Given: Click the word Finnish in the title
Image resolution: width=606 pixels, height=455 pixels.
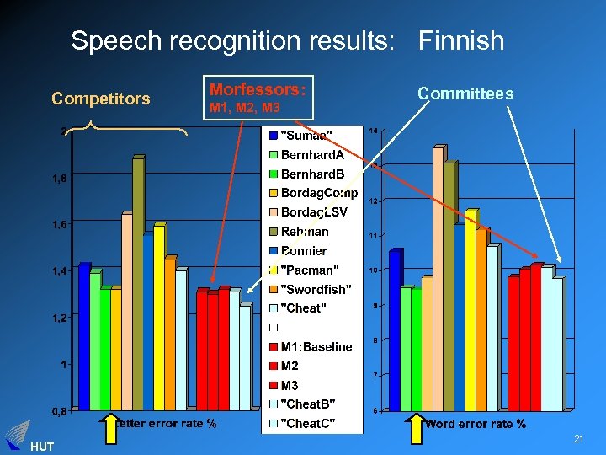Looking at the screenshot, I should pos(461,40).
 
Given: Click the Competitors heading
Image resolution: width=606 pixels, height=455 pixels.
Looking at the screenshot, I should pos(100,99).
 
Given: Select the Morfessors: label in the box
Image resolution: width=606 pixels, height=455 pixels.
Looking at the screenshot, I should pos(257,89).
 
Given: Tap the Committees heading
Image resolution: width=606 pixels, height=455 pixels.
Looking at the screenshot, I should pos(465,94).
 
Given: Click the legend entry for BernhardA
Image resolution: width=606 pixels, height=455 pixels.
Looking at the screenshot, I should pos(311,155).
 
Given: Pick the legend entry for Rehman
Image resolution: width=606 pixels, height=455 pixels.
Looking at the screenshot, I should pos(305,232).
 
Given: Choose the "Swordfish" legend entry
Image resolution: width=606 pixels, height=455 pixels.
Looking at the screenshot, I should pos(315,289).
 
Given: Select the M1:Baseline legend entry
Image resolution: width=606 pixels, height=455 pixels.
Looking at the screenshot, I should pos(316,346).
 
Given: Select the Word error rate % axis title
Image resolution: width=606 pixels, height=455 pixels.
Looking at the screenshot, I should pos(476,424).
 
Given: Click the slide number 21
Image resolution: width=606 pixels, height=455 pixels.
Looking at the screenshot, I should pos(578,439).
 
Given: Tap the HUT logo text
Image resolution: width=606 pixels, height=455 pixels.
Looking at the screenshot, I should pos(40,446).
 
